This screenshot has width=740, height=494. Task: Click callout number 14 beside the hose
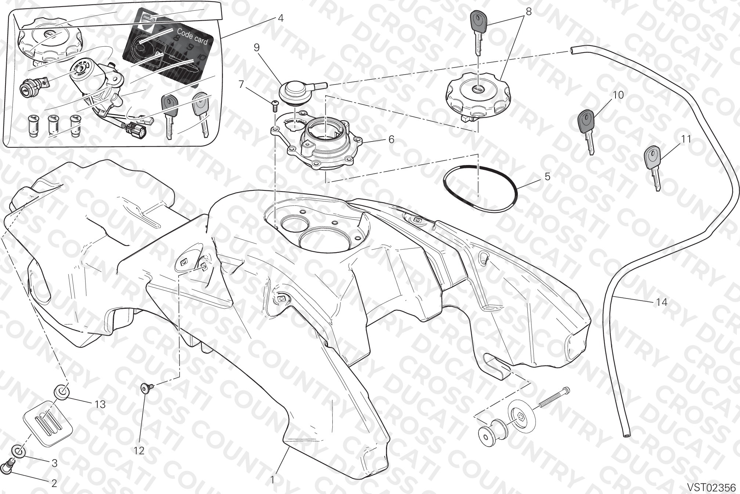tap(661, 303)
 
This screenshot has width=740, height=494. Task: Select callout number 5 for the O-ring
tap(547, 177)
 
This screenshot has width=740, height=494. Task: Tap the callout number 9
tap(256, 47)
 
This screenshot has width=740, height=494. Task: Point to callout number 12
tap(139, 450)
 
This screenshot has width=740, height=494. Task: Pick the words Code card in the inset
tap(192, 36)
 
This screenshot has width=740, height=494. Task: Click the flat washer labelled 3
tap(18, 451)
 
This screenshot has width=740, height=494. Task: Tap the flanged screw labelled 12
tap(147, 388)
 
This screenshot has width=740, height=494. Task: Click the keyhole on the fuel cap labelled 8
tap(478, 88)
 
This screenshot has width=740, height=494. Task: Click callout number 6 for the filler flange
tap(391, 139)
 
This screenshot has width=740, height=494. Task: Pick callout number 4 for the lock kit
tap(281, 18)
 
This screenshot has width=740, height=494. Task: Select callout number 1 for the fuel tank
tap(272, 480)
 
